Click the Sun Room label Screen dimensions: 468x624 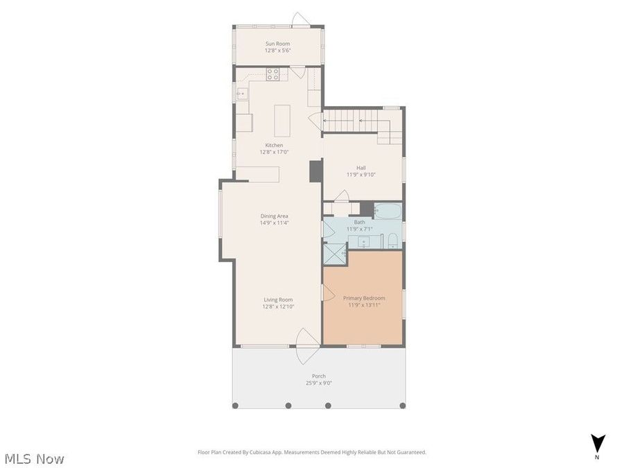click(278, 44)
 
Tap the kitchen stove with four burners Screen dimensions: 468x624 click(273, 73)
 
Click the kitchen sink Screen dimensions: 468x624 click(241, 93)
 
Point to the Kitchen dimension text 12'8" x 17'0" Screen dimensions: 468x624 click(274, 152)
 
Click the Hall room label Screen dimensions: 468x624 click(361, 168)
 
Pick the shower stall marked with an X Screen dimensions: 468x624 click(335, 254)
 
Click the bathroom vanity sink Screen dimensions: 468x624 click(365, 241)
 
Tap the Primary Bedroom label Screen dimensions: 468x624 click(364, 298)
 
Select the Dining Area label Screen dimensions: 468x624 click(274, 216)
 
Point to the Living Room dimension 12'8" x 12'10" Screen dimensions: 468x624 click(278, 306)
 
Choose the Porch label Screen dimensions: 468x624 click(318, 376)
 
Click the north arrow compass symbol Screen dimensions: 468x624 click(598, 444)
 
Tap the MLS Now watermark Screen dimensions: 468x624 click(35, 458)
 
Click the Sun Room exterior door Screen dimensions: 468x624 click(300, 20)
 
